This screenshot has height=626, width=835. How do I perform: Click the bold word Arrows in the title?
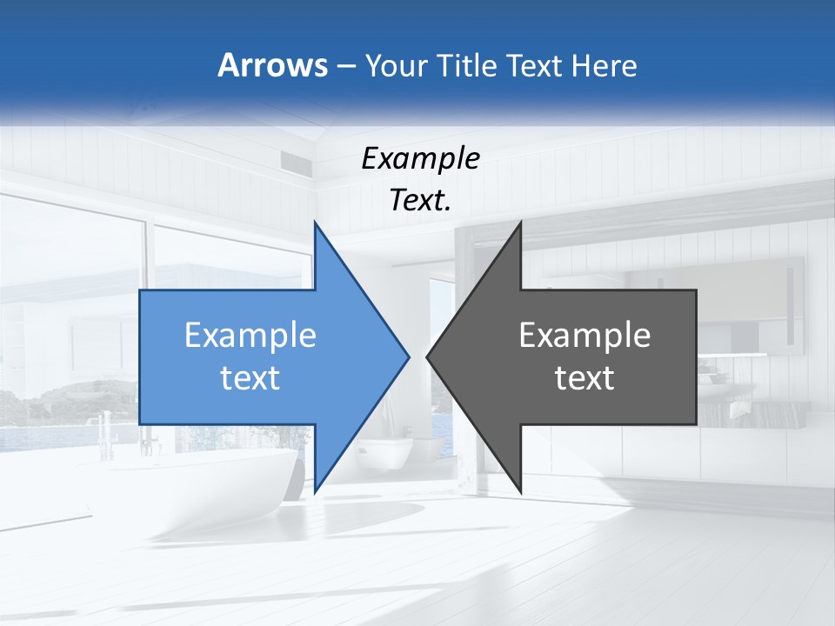click(x=272, y=65)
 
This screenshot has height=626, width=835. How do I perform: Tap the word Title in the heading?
click(x=467, y=65)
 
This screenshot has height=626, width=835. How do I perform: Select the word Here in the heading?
click(x=604, y=65)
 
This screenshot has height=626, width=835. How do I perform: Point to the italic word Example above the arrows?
click(x=420, y=158)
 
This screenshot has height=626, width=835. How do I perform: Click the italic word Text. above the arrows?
click(x=420, y=201)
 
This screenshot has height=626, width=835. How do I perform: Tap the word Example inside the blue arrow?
click(x=250, y=335)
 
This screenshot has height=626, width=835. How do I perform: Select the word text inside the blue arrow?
click(x=250, y=378)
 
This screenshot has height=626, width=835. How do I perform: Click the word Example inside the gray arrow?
click(x=584, y=335)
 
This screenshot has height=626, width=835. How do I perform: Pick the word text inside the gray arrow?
click(x=584, y=378)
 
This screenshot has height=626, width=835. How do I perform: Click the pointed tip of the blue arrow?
click(x=408, y=356)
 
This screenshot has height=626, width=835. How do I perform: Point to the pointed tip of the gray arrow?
click(x=428, y=356)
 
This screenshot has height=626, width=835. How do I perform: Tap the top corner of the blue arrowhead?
click(x=315, y=223)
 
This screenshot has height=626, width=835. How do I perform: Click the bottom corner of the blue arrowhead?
click(x=315, y=491)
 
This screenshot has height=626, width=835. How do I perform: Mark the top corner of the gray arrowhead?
click(x=520, y=223)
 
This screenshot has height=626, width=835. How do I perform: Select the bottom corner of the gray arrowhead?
click(x=520, y=491)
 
